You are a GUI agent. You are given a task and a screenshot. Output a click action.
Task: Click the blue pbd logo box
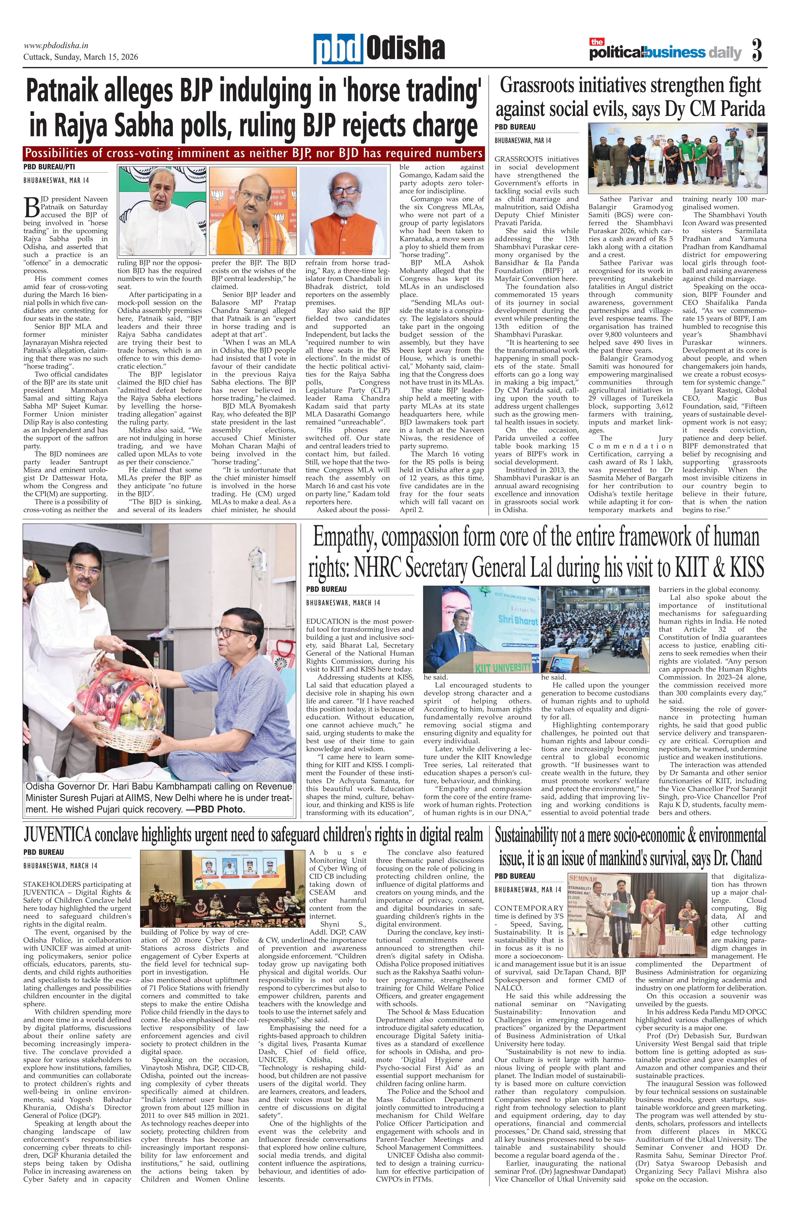pos(339,50)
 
